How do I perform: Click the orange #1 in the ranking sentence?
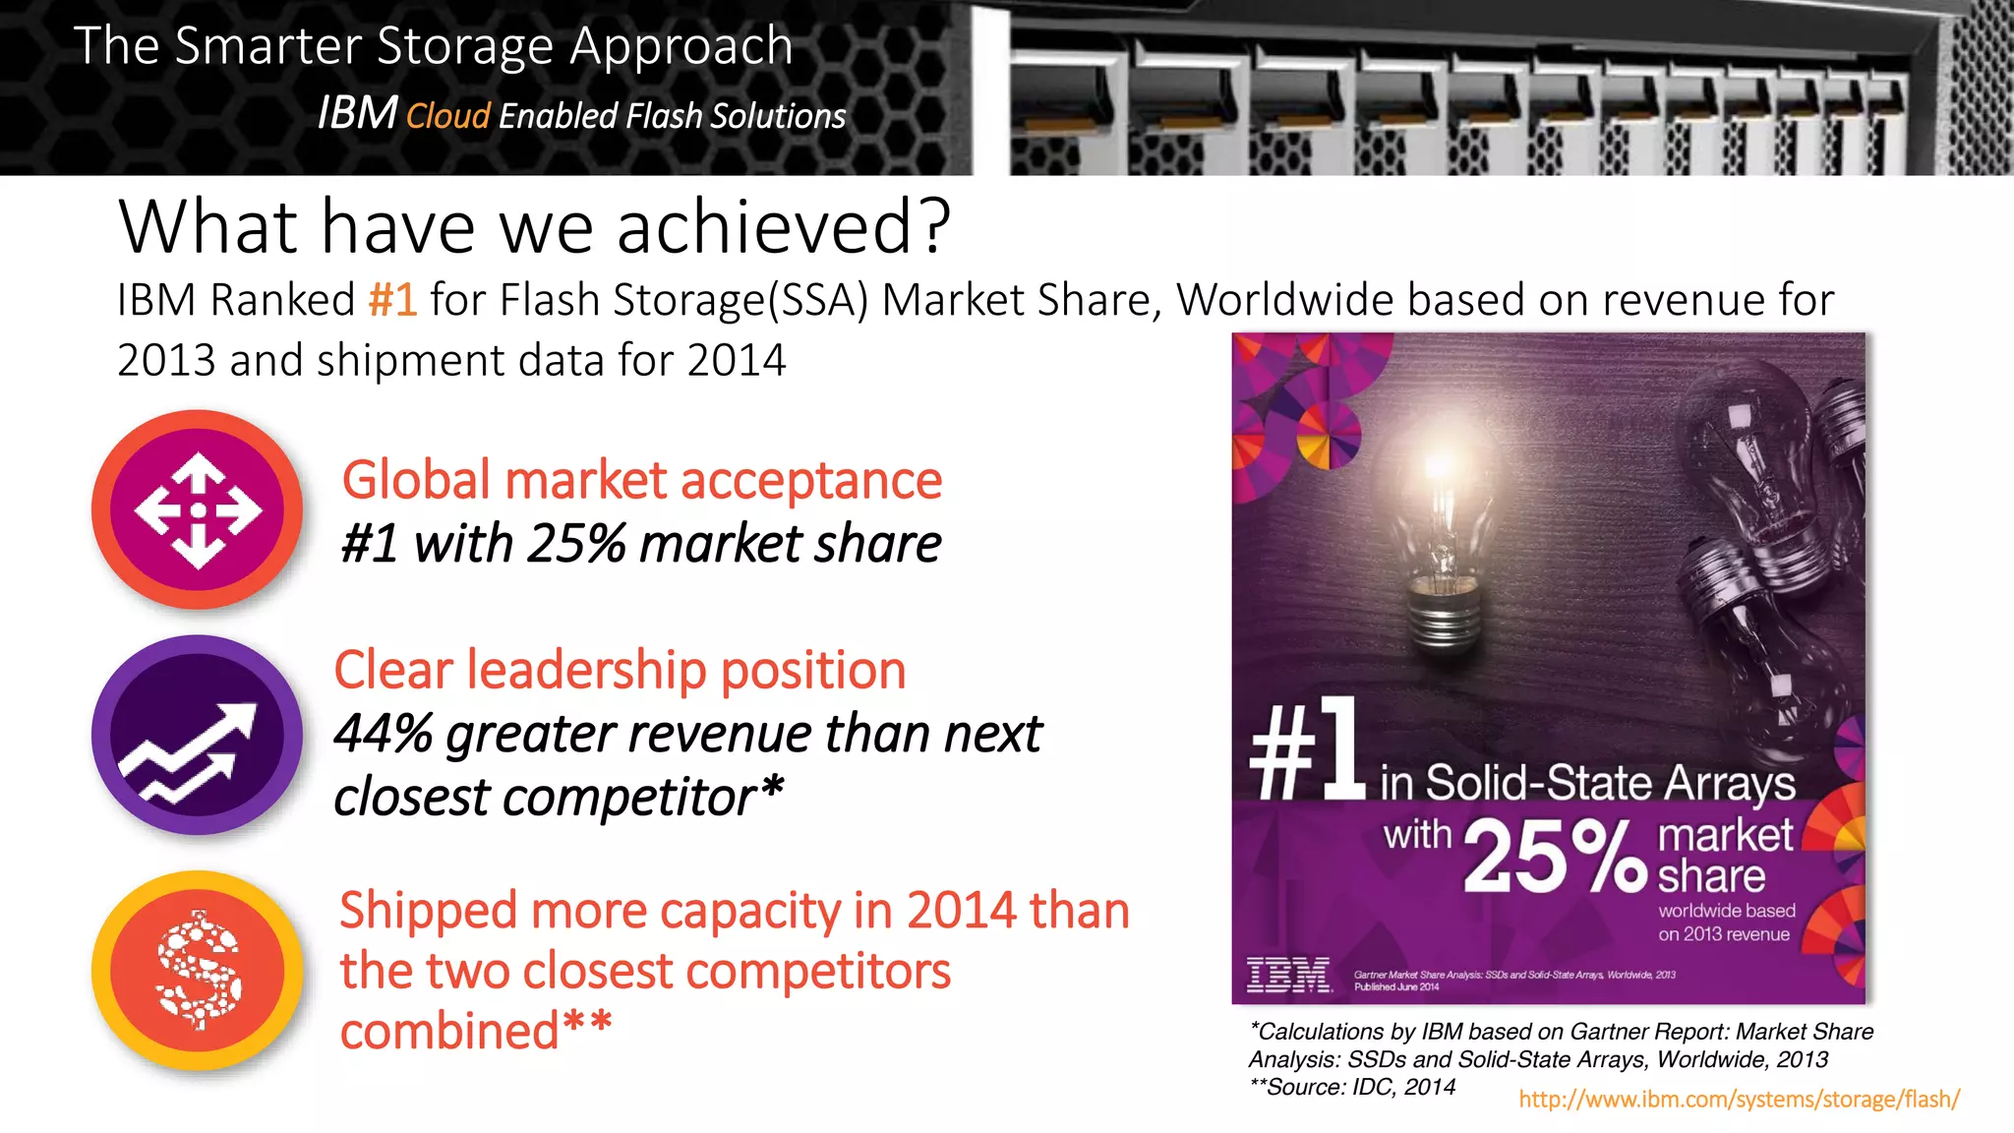393,300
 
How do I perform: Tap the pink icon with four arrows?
198,509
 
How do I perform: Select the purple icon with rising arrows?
198,735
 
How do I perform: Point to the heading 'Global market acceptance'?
641,480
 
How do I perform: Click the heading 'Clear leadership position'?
620,670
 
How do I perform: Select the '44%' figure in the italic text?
383,734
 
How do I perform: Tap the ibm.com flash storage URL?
1739,1099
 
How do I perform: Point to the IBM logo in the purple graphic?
1288,975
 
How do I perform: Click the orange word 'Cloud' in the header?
447,116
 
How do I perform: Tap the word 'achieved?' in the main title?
784,226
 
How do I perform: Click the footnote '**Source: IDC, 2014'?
1352,1087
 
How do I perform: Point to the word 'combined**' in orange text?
476,1031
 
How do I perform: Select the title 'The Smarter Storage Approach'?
433,45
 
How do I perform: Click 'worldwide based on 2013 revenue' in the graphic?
1726,923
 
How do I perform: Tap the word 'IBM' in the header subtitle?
357,113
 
